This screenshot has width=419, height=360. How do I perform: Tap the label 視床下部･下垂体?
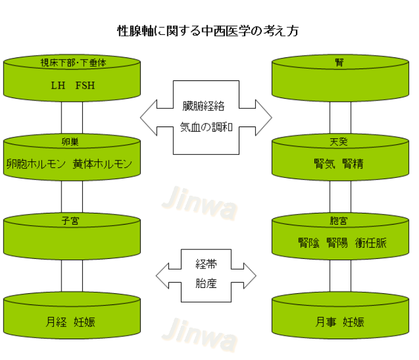pos(73,62)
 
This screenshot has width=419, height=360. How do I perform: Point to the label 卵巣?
pos(73,142)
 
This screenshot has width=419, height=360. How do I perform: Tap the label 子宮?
pos(73,220)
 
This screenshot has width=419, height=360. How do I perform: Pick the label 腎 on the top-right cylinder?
pos(339,62)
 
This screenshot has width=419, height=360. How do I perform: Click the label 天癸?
pos(339,142)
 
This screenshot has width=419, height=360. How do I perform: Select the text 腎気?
pos(324,164)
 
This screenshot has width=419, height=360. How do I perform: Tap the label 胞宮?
pos(339,220)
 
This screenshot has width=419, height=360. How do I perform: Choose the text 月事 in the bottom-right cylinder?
pos(324,322)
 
